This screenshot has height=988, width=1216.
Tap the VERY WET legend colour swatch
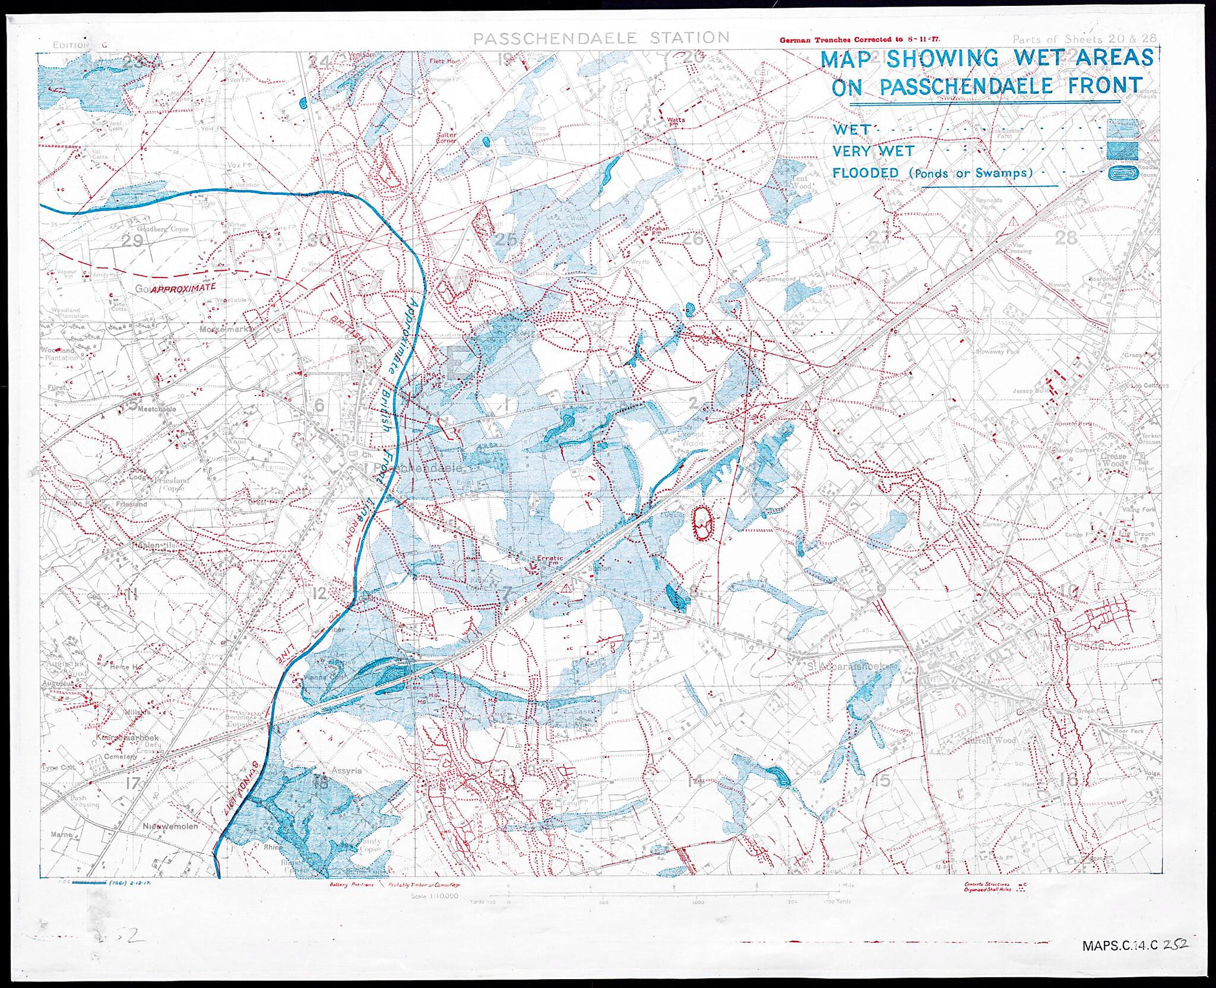1123,151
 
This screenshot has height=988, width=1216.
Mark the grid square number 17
132,783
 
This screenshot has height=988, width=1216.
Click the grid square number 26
693,239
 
